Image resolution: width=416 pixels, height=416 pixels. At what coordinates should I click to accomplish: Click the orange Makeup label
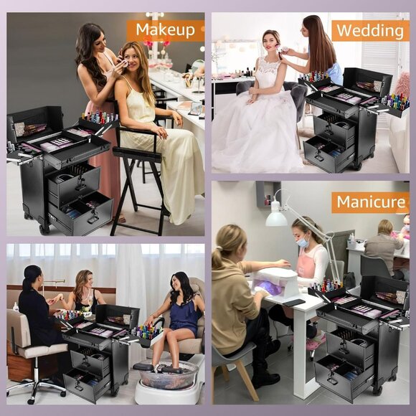point(165,29)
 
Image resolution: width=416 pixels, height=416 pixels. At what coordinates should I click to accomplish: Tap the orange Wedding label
point(370,30)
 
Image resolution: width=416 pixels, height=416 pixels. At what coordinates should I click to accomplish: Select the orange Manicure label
point(370,202)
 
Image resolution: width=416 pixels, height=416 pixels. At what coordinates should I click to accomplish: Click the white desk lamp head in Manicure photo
point(275,219)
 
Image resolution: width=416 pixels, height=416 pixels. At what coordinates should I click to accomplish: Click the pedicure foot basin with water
point(167,374)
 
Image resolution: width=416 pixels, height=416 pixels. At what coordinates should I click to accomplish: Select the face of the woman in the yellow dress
point(133,60)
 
